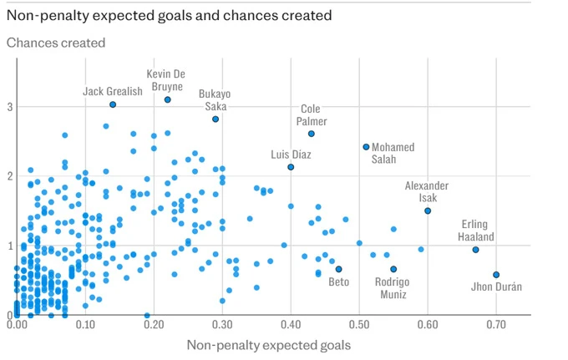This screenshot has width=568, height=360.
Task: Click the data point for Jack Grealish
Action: (113, 104)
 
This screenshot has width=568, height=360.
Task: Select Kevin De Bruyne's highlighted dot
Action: (168, 99)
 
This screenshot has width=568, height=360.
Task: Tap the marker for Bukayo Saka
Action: (216, 119)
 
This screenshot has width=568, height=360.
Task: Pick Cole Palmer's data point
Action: (312, 134)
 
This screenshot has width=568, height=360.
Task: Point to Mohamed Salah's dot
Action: (366, 147)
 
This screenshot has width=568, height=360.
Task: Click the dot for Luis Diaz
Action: (291, 167)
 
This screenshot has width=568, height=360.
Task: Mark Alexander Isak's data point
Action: (428, 210)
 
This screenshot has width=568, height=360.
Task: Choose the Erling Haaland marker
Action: (475, 250)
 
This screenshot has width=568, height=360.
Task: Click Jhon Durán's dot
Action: (496, 275)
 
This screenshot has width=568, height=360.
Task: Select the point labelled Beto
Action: (339, 269)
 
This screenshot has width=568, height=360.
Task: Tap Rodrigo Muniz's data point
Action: (393, 269)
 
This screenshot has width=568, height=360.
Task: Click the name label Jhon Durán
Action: (496, 287)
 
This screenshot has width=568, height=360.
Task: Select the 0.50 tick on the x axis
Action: (359, 323)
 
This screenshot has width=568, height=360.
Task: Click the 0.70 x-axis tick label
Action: (496, 323)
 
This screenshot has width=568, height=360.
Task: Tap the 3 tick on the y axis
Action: (11, 106)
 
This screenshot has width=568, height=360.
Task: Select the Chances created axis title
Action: (56, 42)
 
